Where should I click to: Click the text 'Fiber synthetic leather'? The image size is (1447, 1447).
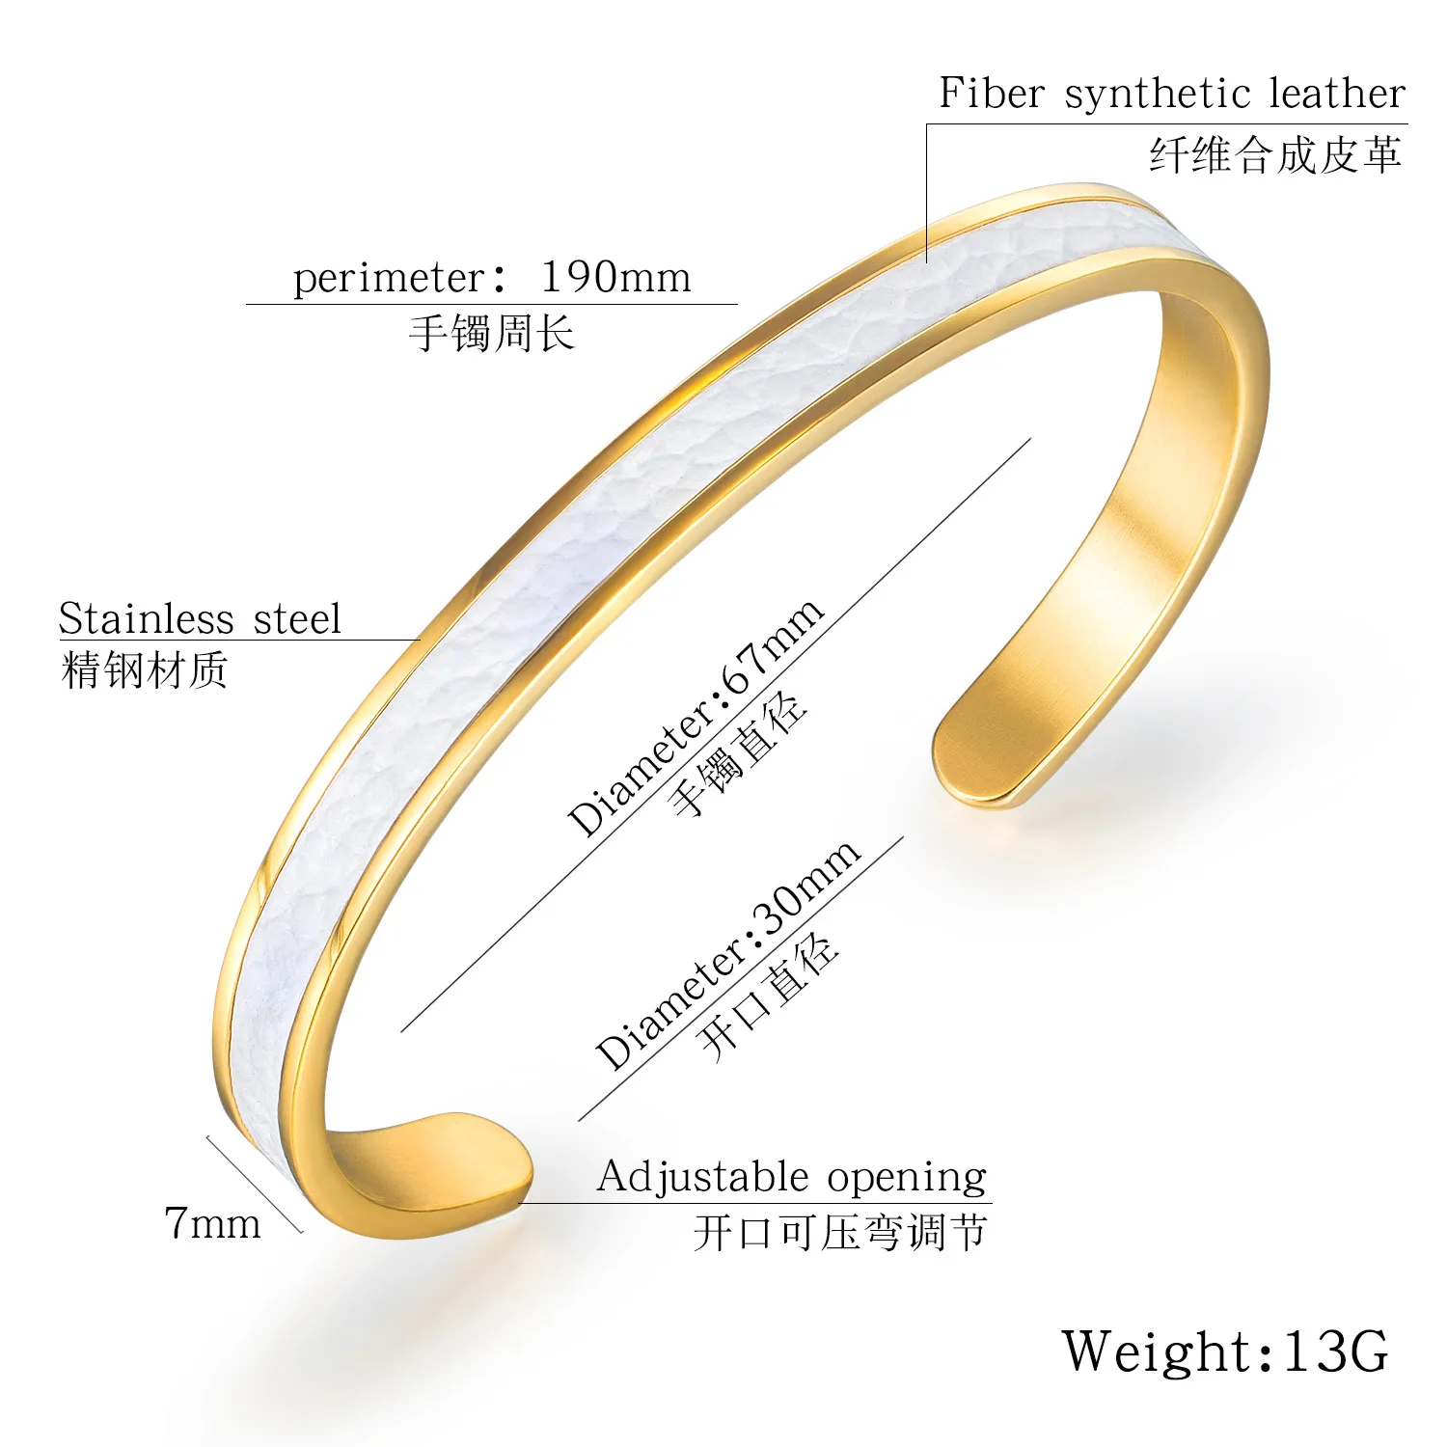tap(1172, 95)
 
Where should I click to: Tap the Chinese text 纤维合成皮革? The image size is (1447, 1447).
tap(1274, 155)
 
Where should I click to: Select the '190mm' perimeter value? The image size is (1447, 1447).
tap(615, 277)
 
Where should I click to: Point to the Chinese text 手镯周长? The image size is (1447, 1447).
tap(492, 334)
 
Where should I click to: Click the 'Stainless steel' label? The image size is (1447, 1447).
tap(200, 619)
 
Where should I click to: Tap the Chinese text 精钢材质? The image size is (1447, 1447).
tap(145, 670)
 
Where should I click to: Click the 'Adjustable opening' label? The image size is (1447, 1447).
tap(792, 1177)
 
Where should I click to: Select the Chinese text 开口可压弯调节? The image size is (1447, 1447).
tap(840, 1233)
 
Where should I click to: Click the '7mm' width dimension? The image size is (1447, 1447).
tap(213, 1223)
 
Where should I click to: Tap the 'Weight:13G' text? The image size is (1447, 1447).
tap(1225, 1351)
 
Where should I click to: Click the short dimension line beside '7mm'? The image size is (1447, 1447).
tap(255, 1184)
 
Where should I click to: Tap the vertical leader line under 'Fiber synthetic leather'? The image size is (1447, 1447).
tap(927, 193)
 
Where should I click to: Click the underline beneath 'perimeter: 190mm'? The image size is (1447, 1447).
tap(492, 305)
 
